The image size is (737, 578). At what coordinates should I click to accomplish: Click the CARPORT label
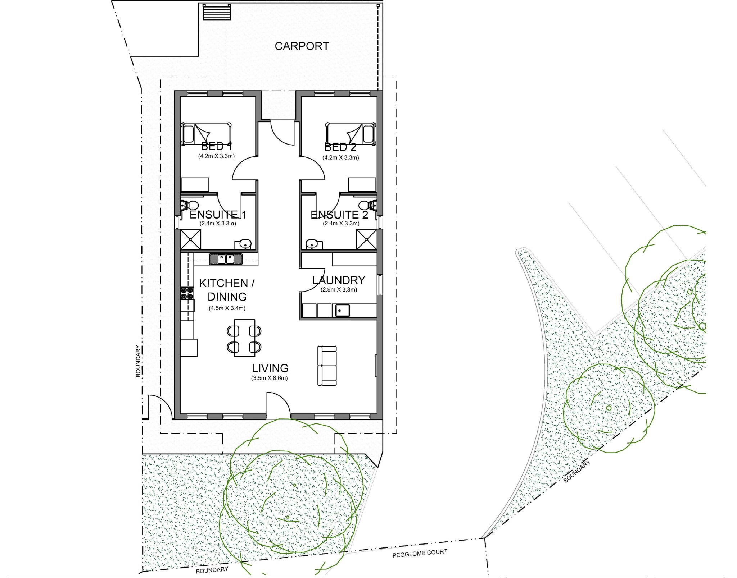(x=302, y=46)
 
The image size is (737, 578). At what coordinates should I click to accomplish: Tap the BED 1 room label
(x=216, y=146)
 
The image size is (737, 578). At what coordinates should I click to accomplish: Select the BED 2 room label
(x=340, y=147)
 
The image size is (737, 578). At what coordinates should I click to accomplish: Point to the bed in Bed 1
(x=206, y=134)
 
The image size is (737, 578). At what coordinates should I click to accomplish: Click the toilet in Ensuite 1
(x=190, y=205)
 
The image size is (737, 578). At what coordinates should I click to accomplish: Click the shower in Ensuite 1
(x=190, y=239)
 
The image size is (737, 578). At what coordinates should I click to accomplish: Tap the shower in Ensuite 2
(x=366, y=239)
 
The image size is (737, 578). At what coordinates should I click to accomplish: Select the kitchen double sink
(x=226, y=259)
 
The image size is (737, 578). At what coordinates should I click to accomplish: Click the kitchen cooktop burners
(x=187, y=293)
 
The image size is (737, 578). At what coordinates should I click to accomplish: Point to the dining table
(x=244, y=338)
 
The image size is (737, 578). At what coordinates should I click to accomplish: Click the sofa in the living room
(x=327, y=366)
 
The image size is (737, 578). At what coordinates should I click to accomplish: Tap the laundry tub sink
(x=342, y=311)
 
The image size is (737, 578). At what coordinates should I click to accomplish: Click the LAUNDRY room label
(x=339, y=280)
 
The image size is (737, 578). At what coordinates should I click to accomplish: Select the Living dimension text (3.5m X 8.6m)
(x=270, y=378)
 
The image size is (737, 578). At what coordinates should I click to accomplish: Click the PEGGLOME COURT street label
(x=420, y=553)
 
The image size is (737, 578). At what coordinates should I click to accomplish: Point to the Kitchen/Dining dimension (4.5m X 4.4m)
(x=227, y=308)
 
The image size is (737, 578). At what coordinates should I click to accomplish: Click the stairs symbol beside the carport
(x=216, y=12)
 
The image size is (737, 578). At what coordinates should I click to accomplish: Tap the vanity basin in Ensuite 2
(x=312, y=244)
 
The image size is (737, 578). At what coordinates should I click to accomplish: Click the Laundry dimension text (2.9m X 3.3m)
(x=339, y=290)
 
